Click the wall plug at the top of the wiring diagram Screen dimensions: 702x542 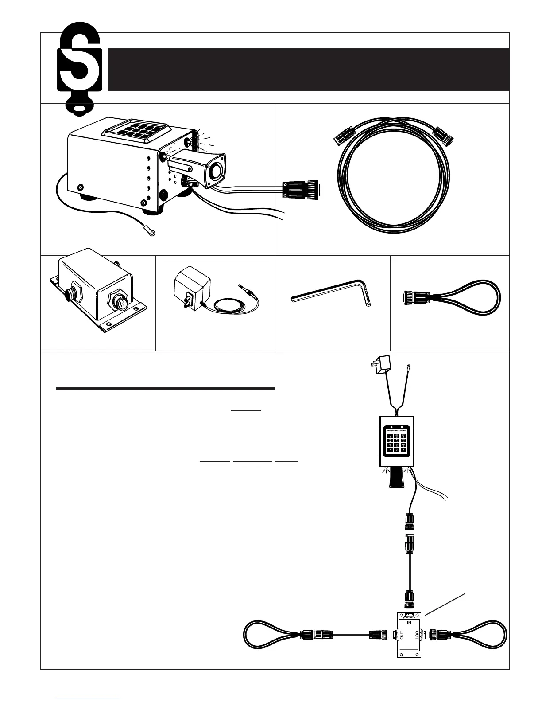(x=378, y=366)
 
